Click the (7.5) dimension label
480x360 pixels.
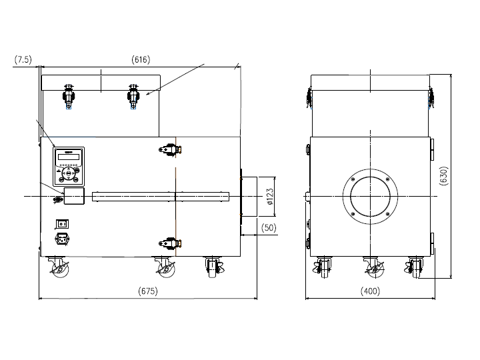[23, 59]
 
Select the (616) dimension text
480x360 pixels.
[141, 59]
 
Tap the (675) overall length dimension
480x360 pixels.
[148, 291]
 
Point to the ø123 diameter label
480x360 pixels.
[270, 197]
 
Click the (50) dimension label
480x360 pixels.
[269, 228]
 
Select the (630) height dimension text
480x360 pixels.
[443, 176]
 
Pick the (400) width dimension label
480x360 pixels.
[370, 291]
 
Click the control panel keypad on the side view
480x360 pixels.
[69, 167]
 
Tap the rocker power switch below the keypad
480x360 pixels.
[62, 224]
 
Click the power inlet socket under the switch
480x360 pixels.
[63, 239]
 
